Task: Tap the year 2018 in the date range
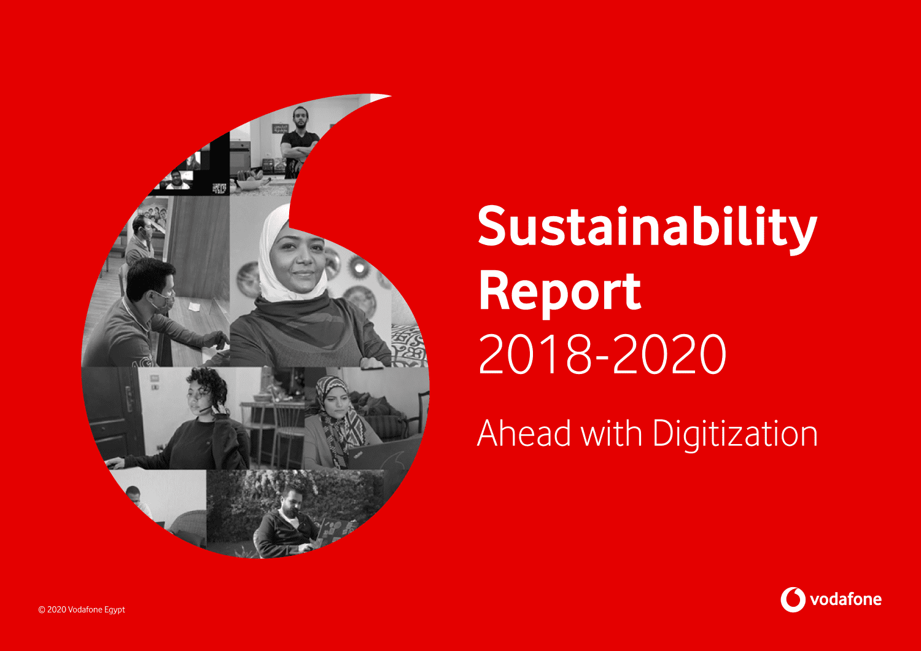click(535, 354)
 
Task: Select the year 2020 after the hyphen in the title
click(669, 354)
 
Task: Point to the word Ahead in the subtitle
click(524, 433)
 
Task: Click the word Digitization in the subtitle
click(735, 435)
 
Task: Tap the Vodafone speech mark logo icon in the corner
click(793, 599)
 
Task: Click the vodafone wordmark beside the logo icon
click(845, 599)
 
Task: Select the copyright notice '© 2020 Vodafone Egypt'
click(82, 609)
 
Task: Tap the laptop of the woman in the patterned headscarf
click(384, 453)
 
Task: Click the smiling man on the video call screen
click(177, 180)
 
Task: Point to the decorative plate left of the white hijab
click(248, 279)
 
